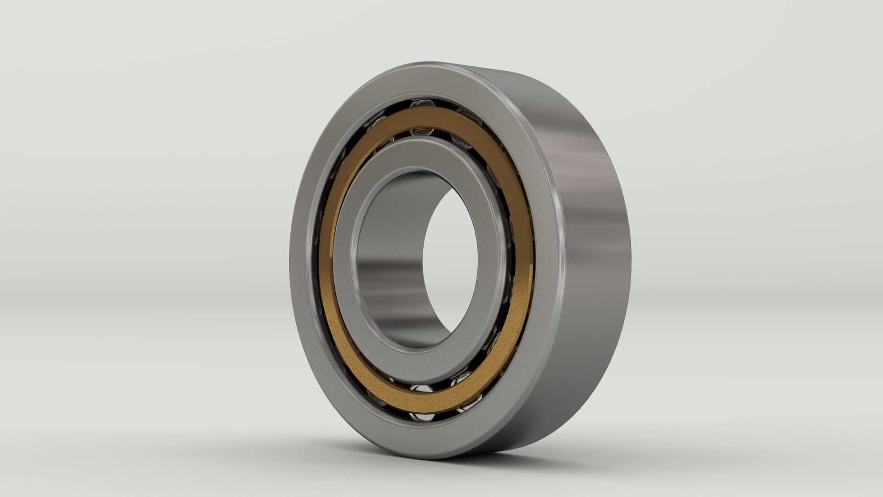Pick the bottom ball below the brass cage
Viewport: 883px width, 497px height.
click(422, 417)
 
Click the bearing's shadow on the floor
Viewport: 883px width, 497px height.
click(529, 460)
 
